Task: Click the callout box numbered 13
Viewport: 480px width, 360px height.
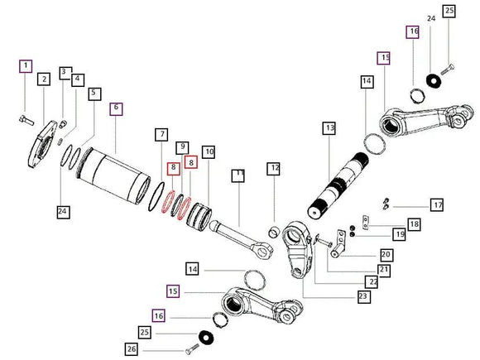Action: click(329, 128)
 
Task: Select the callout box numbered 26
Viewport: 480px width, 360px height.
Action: click(132, 348)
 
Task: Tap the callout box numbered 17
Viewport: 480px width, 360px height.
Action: click(437, 204)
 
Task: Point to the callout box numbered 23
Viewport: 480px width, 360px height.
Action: click(363, 296)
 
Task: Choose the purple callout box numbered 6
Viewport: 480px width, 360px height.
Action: click(117, 108)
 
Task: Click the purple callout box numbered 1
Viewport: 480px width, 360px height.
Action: click(26, 66)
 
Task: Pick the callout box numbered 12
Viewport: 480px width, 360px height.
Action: click(273, 168)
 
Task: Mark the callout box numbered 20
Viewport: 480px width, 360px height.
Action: click(386, 255)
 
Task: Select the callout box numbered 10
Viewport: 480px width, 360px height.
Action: click(209, 151)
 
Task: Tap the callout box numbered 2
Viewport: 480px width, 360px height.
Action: click(44, 79)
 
